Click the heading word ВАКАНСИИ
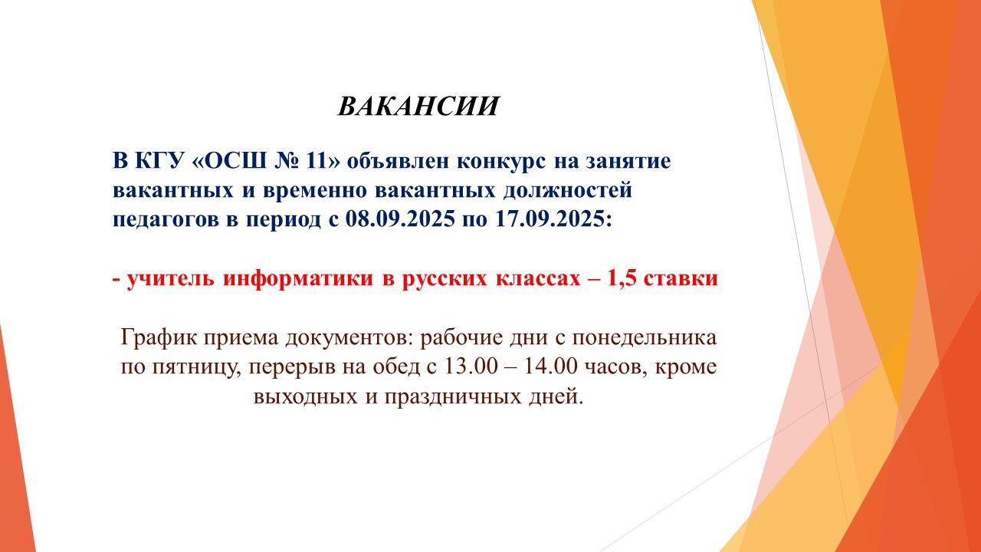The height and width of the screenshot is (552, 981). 418,106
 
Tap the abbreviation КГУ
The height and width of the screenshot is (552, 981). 158,161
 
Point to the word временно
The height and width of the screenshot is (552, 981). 314,191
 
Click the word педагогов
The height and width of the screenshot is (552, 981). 166,219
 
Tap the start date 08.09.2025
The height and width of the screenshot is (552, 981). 400,219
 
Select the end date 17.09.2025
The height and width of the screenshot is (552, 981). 550,219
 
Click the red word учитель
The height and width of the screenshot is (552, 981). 170,278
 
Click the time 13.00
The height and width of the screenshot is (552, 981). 471,366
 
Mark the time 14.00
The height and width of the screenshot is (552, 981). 551,366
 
